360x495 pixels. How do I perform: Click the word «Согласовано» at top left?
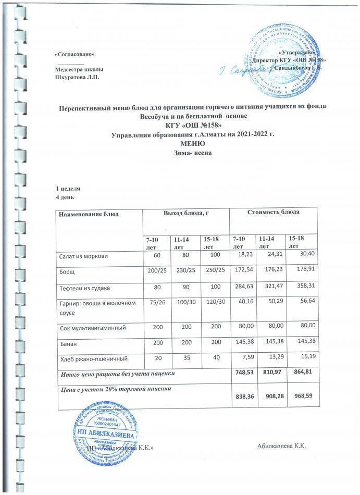[75, 54]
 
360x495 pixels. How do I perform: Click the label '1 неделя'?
[68, 188]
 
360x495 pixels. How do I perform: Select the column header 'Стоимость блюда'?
[275, 213]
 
